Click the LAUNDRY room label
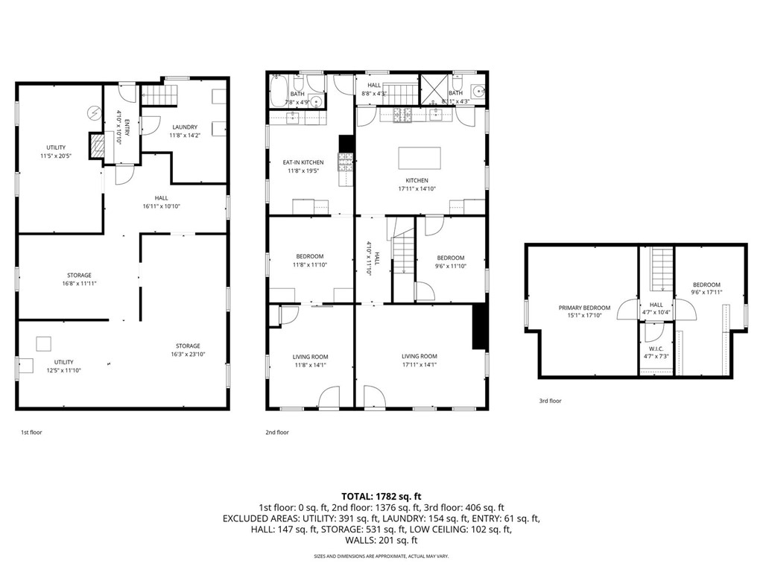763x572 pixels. (184, 127)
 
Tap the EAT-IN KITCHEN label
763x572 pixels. (303, 162)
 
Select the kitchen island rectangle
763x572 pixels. (420, 158)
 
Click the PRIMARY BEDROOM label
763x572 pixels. (584, 308)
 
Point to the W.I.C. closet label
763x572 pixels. (656, 348)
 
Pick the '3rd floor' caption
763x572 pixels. (550, 401)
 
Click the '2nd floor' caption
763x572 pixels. (276, 431)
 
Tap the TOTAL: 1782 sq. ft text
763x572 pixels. (381, 495)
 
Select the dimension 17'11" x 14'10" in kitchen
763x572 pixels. (417, 188)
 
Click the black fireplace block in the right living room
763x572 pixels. (478, 326)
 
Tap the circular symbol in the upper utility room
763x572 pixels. (94, 113)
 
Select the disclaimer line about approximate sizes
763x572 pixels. (381, 556)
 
